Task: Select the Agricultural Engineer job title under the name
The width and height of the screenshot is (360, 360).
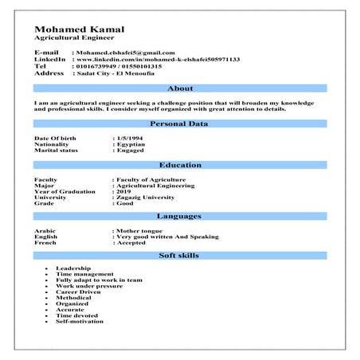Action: (74, 38)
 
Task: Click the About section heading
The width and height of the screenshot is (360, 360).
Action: (180, 89)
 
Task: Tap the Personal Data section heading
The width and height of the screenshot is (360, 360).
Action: (180, 124)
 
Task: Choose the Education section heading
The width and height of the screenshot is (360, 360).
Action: (180, 165)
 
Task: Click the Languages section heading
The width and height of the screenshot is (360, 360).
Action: (180, 216)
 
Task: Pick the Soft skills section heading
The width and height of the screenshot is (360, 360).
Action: (180, 255)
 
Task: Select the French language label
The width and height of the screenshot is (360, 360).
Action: (45, 242)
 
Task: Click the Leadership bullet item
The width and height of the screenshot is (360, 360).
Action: (73, 268)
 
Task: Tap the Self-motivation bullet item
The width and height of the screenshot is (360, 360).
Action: (80, 322)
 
